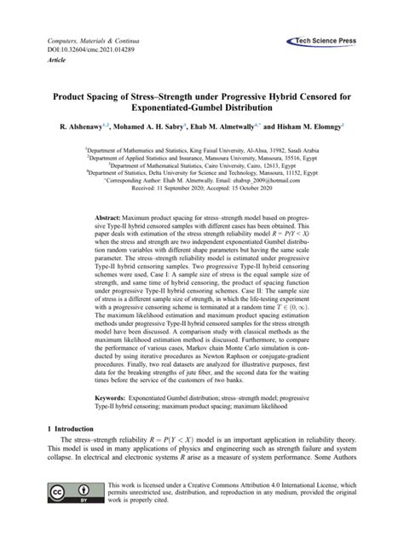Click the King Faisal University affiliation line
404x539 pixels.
(x=202, y=147)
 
